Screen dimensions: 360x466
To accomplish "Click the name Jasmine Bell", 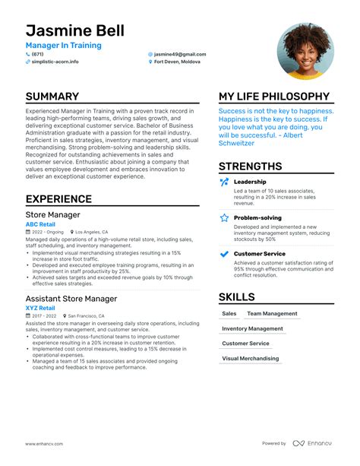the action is tap(74, 31).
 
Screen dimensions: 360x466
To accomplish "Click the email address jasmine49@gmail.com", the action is tap(180, 54).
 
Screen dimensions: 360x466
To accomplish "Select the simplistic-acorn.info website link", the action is tap(55, 62).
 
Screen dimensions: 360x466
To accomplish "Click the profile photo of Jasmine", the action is tap(305, 52).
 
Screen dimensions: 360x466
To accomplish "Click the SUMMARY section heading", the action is tap(52, 97).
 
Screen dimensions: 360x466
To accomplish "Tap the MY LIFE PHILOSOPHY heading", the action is tap(274, 97).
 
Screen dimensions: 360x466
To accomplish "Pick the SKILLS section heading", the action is tap(237, 296).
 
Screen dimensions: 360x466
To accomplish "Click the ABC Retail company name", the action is tap(41, 224).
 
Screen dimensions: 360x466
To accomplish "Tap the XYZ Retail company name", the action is tap(40, 308).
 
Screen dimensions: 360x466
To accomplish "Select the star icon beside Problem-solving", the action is tap(224, 217).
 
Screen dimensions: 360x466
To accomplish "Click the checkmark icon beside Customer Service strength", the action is tap(224, 253).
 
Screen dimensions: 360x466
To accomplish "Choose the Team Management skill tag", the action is tap(272, 313).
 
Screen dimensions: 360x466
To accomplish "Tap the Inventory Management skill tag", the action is tap(252, 328).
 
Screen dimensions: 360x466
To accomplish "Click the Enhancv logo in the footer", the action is tap(313, 443).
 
